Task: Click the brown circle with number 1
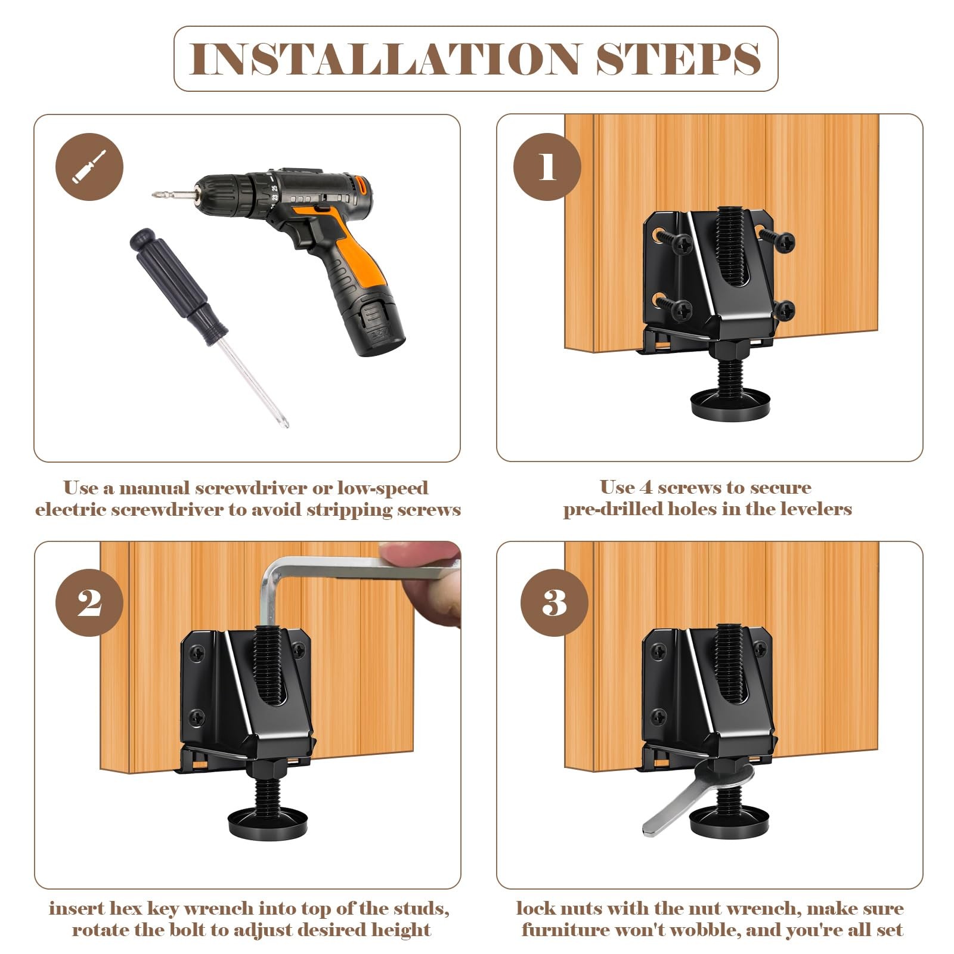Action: coord(547,167)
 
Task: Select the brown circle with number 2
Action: coord(89,603)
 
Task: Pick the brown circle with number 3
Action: coord(555,603)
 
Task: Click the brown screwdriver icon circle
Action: coord(89,167)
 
